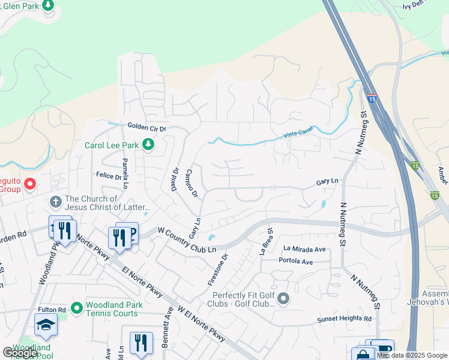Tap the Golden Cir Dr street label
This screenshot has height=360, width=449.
pos(146,127)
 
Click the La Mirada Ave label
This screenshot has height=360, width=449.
pos(304,249)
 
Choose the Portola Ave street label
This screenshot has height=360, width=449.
pos(296,261)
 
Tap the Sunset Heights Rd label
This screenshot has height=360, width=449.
pos(344,319)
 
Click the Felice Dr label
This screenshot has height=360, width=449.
pos(109,175)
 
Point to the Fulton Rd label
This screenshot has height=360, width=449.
pos(52,310)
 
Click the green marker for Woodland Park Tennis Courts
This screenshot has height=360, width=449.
pos(76,308)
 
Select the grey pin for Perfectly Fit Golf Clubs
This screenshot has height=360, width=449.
pos(283,298)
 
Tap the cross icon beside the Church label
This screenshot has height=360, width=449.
pos(56,202)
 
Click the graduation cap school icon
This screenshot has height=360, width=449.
pos(46,325)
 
